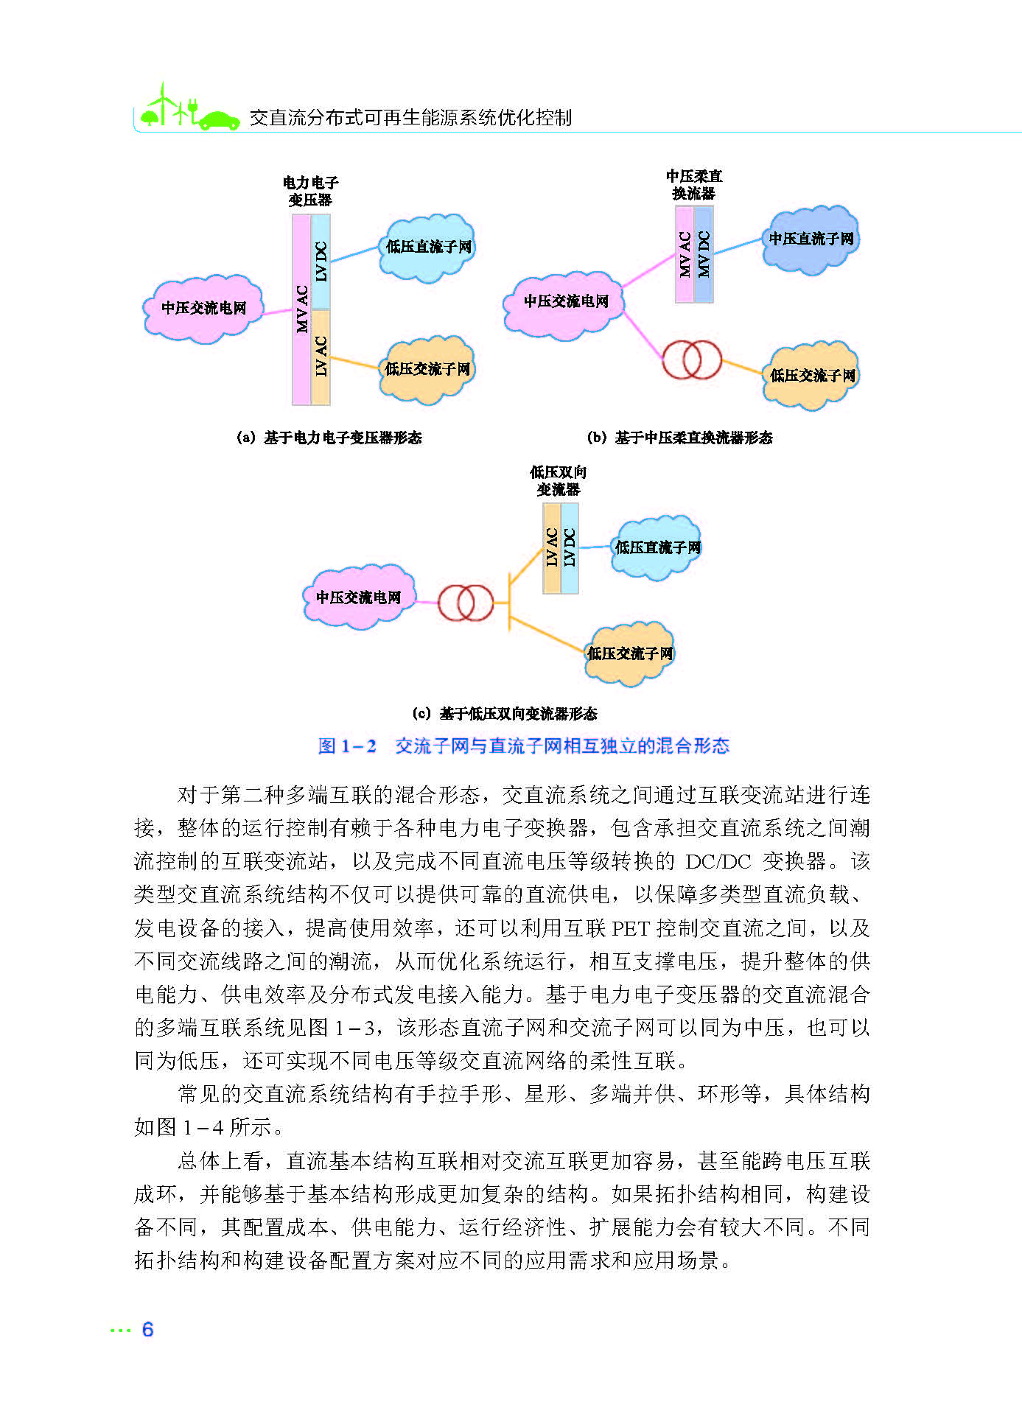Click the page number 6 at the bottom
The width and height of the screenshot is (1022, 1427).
pyautogui.click(x=147, y=1329)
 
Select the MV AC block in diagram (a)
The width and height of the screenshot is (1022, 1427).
pyautogui.click(x=301, y=309)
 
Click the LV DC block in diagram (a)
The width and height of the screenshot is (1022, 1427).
pyautogui.click(x=321, y=261)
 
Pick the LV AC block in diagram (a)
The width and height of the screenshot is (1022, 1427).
pyautogui.click(x=321, y=357)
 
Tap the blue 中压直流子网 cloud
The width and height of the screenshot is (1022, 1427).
pyautogui.click(x=811, y=239)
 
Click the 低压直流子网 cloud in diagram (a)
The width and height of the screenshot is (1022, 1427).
pyautogui.click(x=427, y=248)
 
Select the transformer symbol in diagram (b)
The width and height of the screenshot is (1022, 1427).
pyautogui.click(x=691, y=360)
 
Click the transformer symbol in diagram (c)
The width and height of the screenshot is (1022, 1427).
pyautogui.click(x=465, y=603)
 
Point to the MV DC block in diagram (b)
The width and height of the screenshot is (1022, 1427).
pyautogui.click(x=704, y=254)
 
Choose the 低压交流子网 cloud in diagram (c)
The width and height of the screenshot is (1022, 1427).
pyautogui.click(x=629, y=653)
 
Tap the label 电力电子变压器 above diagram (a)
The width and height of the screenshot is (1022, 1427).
pyautogui.click(x=310, y=191)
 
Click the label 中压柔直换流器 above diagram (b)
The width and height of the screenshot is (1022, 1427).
pyautogui.click(x=693, y=184)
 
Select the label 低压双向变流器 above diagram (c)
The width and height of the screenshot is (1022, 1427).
pyautogui.click(x=558, y=480)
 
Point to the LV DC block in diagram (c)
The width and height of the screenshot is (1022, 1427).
pyautogui.click(x=570, y=547)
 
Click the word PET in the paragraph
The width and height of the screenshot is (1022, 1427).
pyautogui.click(x=631, y=928)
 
